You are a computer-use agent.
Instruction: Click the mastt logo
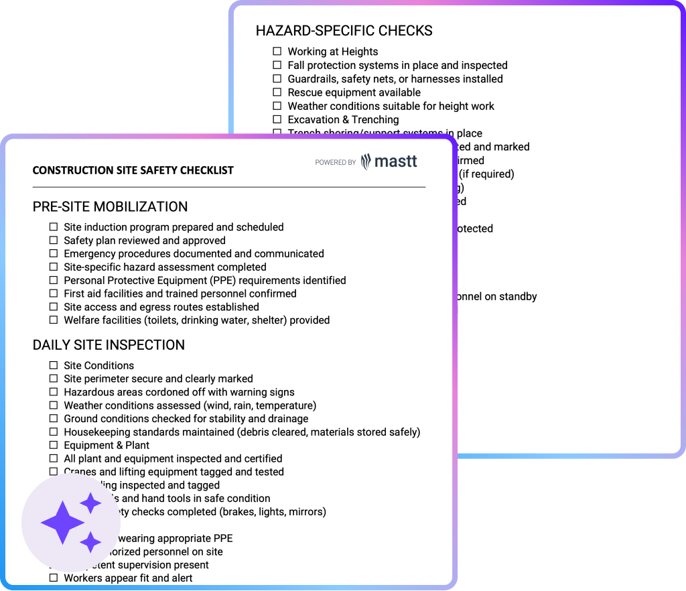click(x=389, y=161)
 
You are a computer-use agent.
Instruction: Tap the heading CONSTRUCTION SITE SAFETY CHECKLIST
click(x=133, y=170)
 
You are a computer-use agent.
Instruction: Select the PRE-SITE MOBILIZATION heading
click(x=110, y=206)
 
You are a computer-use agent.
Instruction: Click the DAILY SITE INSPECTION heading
click(x=109, y=345)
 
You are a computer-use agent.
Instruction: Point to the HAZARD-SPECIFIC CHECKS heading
click(x=344, y=31)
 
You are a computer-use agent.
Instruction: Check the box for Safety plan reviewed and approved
click(x=54, y=241)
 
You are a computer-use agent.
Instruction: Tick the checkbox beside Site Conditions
click(x=54, y=365)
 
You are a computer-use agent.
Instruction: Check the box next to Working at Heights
click(x=277, y=52)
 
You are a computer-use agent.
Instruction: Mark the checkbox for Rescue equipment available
click(x=277, y=92)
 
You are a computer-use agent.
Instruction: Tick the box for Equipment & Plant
click(x=54, y=445)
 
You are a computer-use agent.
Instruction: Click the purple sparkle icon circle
click(x=71, y=523)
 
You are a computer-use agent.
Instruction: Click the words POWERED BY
click(x=335, y=162)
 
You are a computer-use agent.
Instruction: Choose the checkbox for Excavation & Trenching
click(x=277, y=120)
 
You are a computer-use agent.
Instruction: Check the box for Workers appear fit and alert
click(x=54, y=578)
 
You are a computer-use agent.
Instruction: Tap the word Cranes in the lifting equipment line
click(x=80, y=472)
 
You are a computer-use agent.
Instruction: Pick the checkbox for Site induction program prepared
click(x=54, y=227)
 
